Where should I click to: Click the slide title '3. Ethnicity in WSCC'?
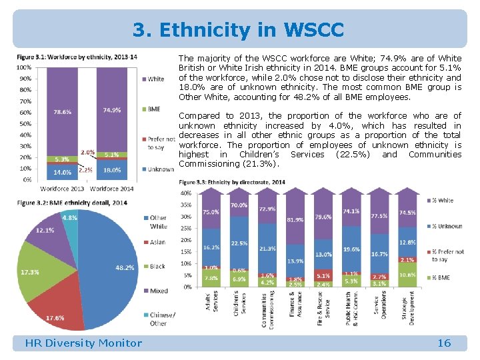[x=239, y=30]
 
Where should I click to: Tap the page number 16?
[x=444, y=343]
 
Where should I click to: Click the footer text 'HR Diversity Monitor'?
[x=83, y=343]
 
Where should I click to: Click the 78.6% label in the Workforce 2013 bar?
[x=63, y=111]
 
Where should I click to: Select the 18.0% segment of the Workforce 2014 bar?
[x=111, y=170]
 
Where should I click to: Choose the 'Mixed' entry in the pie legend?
[x=157, y=291]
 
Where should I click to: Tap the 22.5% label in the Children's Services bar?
[x=239, y=243]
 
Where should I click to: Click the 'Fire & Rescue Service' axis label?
[x=323, y=308]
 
